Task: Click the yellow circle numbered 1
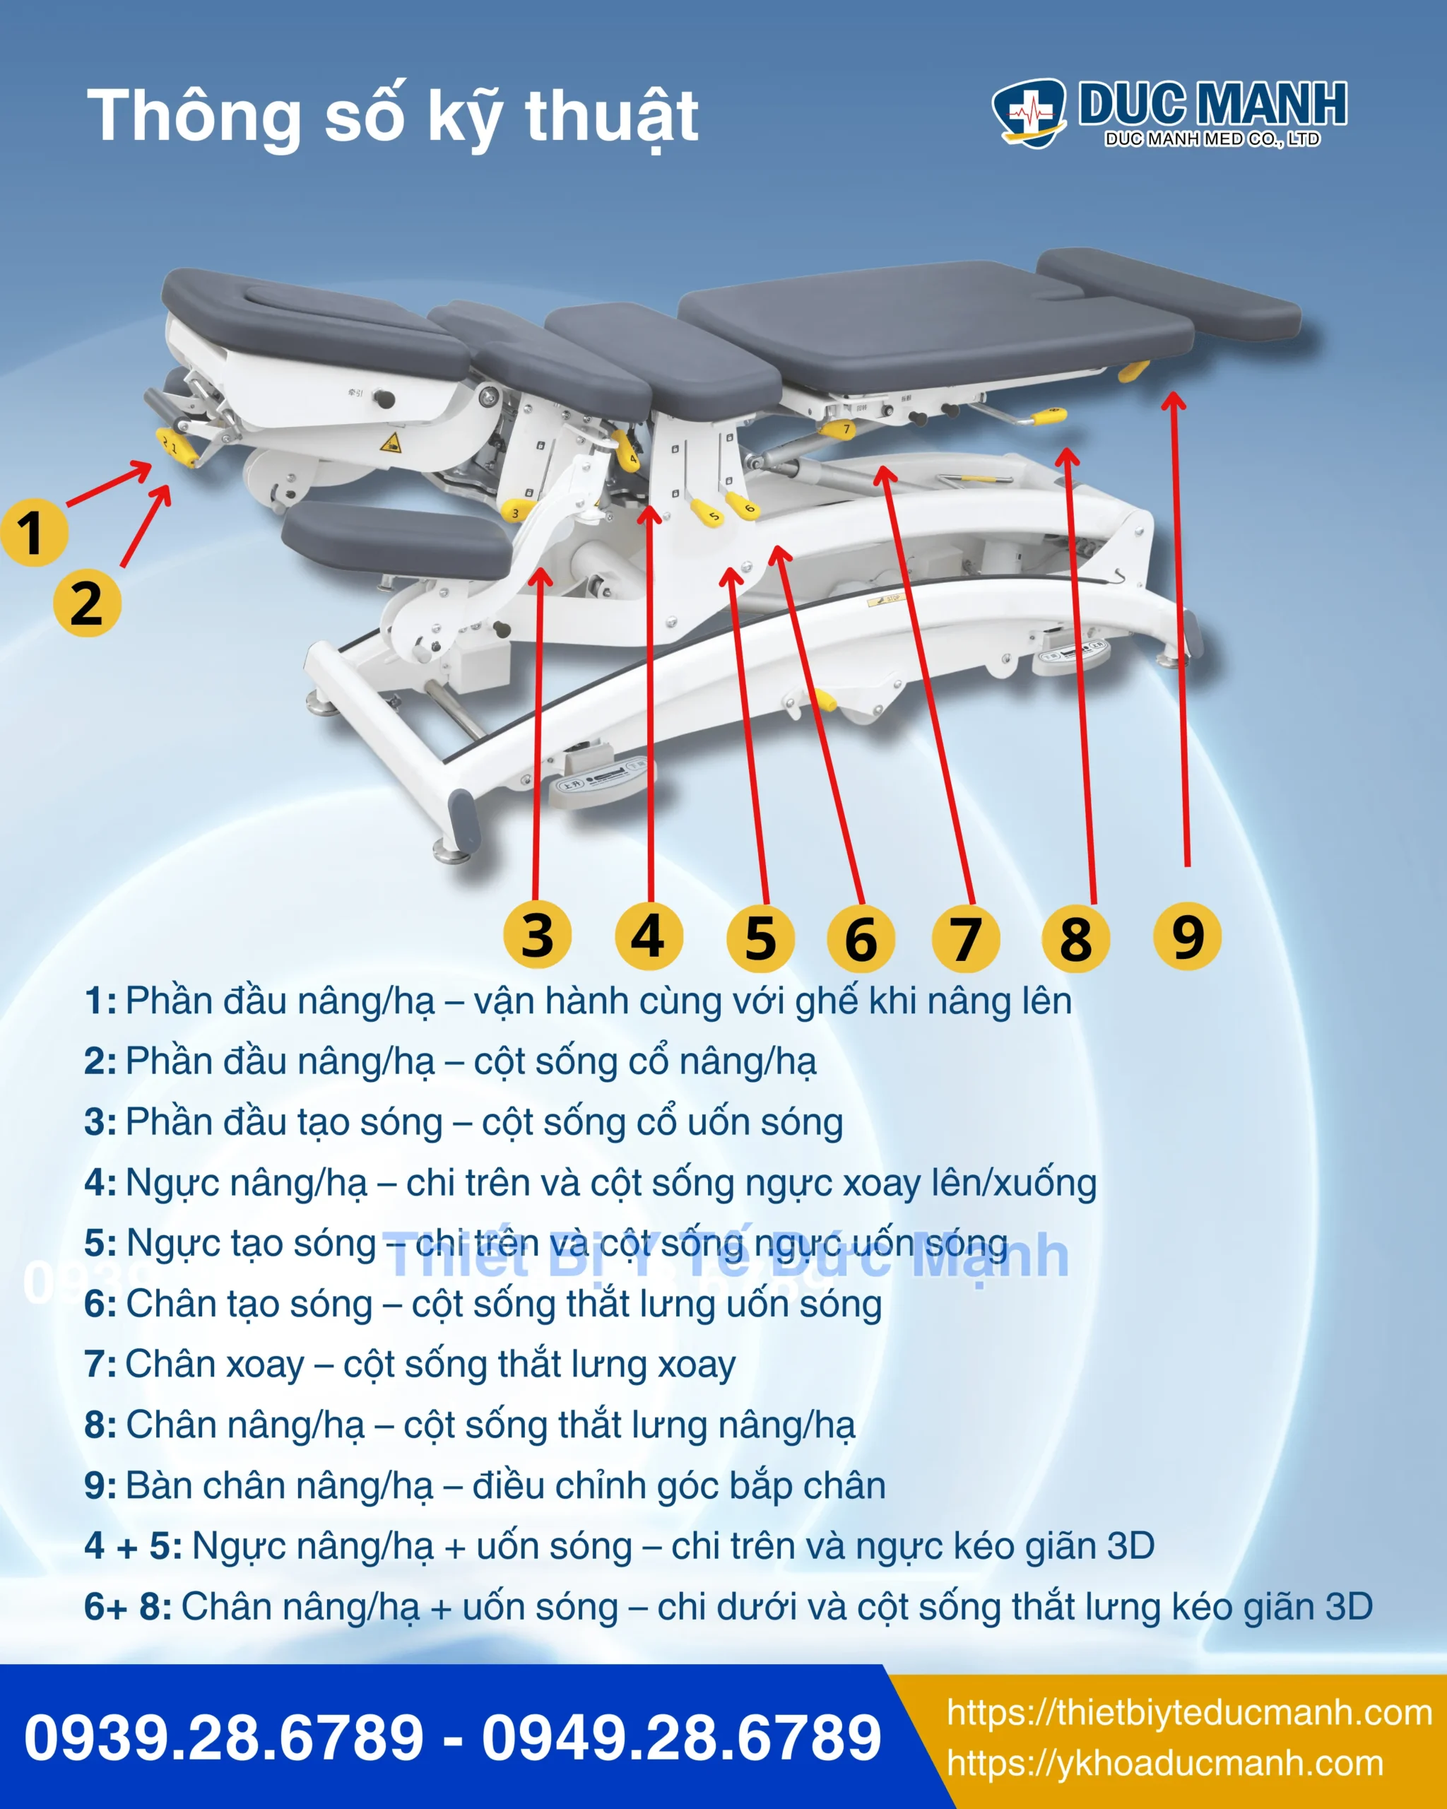click(33, 533)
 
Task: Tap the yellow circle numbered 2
click(87, 603)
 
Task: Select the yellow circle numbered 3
click(538, 936)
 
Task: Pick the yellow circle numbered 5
click(760, 938)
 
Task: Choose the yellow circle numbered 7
click(967, 938)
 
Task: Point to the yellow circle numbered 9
click(1187, 936)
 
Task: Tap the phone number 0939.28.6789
click(224, 1738)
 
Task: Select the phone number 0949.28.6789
click(682, 1738)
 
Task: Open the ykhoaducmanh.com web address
click(1165, 1764)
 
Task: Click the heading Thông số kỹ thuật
click(393, 117)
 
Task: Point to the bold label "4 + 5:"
click(134, 1546)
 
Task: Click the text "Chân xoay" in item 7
click(215, 1365)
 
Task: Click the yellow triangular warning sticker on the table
click(391, 442)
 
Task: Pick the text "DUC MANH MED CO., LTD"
click(1212, 139)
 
